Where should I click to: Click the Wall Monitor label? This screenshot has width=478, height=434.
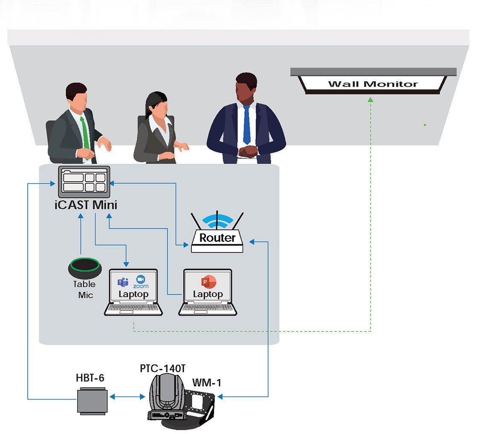tap(373, 84)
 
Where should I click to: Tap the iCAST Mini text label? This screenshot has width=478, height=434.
tap(86, 205)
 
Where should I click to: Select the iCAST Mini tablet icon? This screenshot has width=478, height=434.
tap(84, 181)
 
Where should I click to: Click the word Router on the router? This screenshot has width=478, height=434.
tap(217, 238)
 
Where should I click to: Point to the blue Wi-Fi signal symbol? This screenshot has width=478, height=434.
tap(217, 221)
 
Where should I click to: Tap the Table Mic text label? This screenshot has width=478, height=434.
tap(84, 289)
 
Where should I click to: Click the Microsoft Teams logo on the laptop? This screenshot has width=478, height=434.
tap(123, 282)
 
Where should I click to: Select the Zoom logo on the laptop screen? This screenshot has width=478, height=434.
tap(141, 281)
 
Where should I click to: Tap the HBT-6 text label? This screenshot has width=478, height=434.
tap(90, 378)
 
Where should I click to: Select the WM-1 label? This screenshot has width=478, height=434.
tap(206, 382)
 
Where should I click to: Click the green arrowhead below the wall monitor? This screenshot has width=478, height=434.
tap(370, 99)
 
